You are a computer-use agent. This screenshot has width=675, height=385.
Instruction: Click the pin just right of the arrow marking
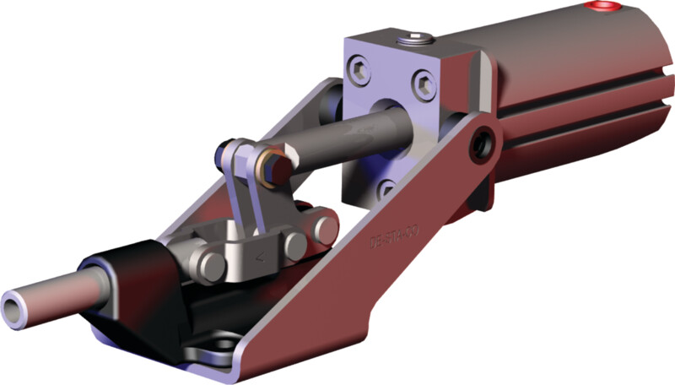[x=294, y=245]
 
